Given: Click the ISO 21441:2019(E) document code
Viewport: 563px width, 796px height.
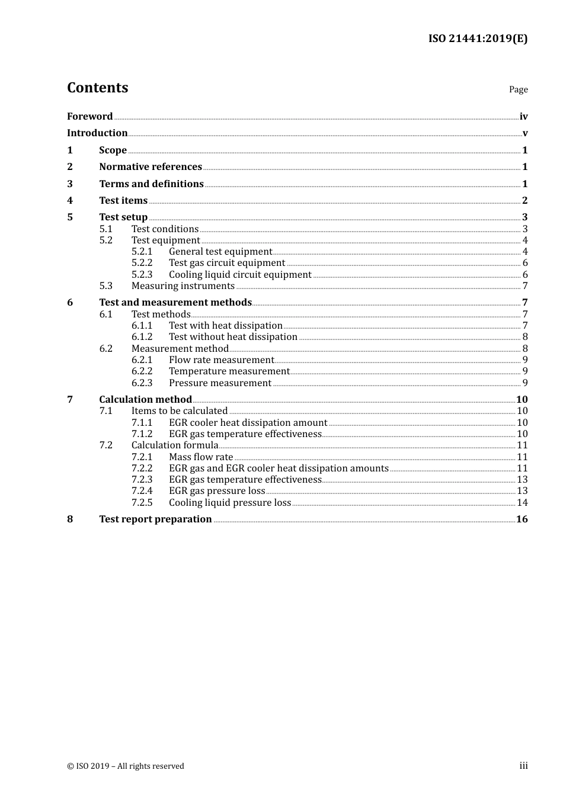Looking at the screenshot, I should click(478, 38).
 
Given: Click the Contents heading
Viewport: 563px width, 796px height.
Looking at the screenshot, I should click(97, 88).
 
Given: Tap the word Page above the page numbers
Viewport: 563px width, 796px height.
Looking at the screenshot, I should click(518, 89).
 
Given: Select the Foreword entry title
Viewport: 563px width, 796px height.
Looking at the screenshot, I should click(89, 116).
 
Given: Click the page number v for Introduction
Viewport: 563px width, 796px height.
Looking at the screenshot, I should click(524, 133).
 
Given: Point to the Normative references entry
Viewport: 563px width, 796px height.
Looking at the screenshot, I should click(151, 167).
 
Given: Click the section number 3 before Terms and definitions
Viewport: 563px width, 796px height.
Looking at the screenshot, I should click(70, 184).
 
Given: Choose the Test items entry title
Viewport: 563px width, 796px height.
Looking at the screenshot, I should click(123, 201).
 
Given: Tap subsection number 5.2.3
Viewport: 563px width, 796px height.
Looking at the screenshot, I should click(142, 275).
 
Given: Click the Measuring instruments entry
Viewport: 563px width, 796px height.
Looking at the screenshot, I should click(183, 286).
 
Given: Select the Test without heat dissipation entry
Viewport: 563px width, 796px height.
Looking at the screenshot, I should click(233, 337).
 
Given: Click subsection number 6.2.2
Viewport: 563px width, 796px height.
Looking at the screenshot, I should click(142, 371).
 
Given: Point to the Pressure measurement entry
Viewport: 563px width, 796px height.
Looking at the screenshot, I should click(220, 383).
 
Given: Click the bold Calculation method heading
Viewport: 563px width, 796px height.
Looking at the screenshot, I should click(145, 400).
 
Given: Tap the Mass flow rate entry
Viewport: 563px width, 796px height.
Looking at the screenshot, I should click(201, 457).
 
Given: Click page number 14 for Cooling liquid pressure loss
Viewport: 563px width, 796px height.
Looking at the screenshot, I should click(522, 503).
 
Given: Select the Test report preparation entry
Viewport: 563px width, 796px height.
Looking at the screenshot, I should click(155, 519).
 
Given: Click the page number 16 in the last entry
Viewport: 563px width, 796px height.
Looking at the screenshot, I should click(522, 519).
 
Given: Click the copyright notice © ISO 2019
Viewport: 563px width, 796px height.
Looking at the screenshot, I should click(126, 766).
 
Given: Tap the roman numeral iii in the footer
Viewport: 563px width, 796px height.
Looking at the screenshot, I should click(523, 766).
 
